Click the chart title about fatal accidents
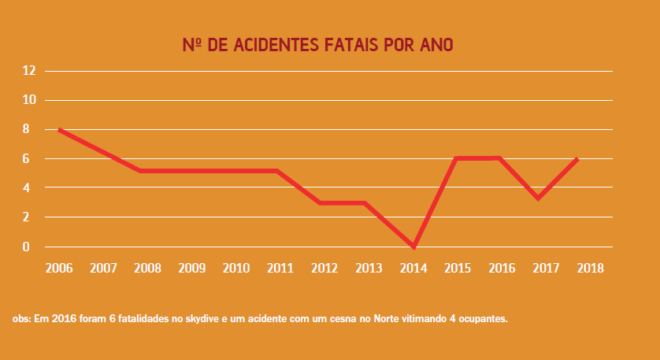[x=317, y=44]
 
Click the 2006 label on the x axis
[x=59, y=268]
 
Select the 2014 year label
[x=413, y=268]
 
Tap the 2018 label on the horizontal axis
[x=591, y=268]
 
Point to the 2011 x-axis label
[x=280, y=268]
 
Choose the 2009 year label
[x=192, y=268]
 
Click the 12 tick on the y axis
[x=30, y=71]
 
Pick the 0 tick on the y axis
[x=26, y=247]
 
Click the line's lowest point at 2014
[x=413, y=247]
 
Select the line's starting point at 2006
[x=59, y=129]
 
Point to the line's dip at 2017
[x=537, y=198]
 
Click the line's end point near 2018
[x=577, y=159]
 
